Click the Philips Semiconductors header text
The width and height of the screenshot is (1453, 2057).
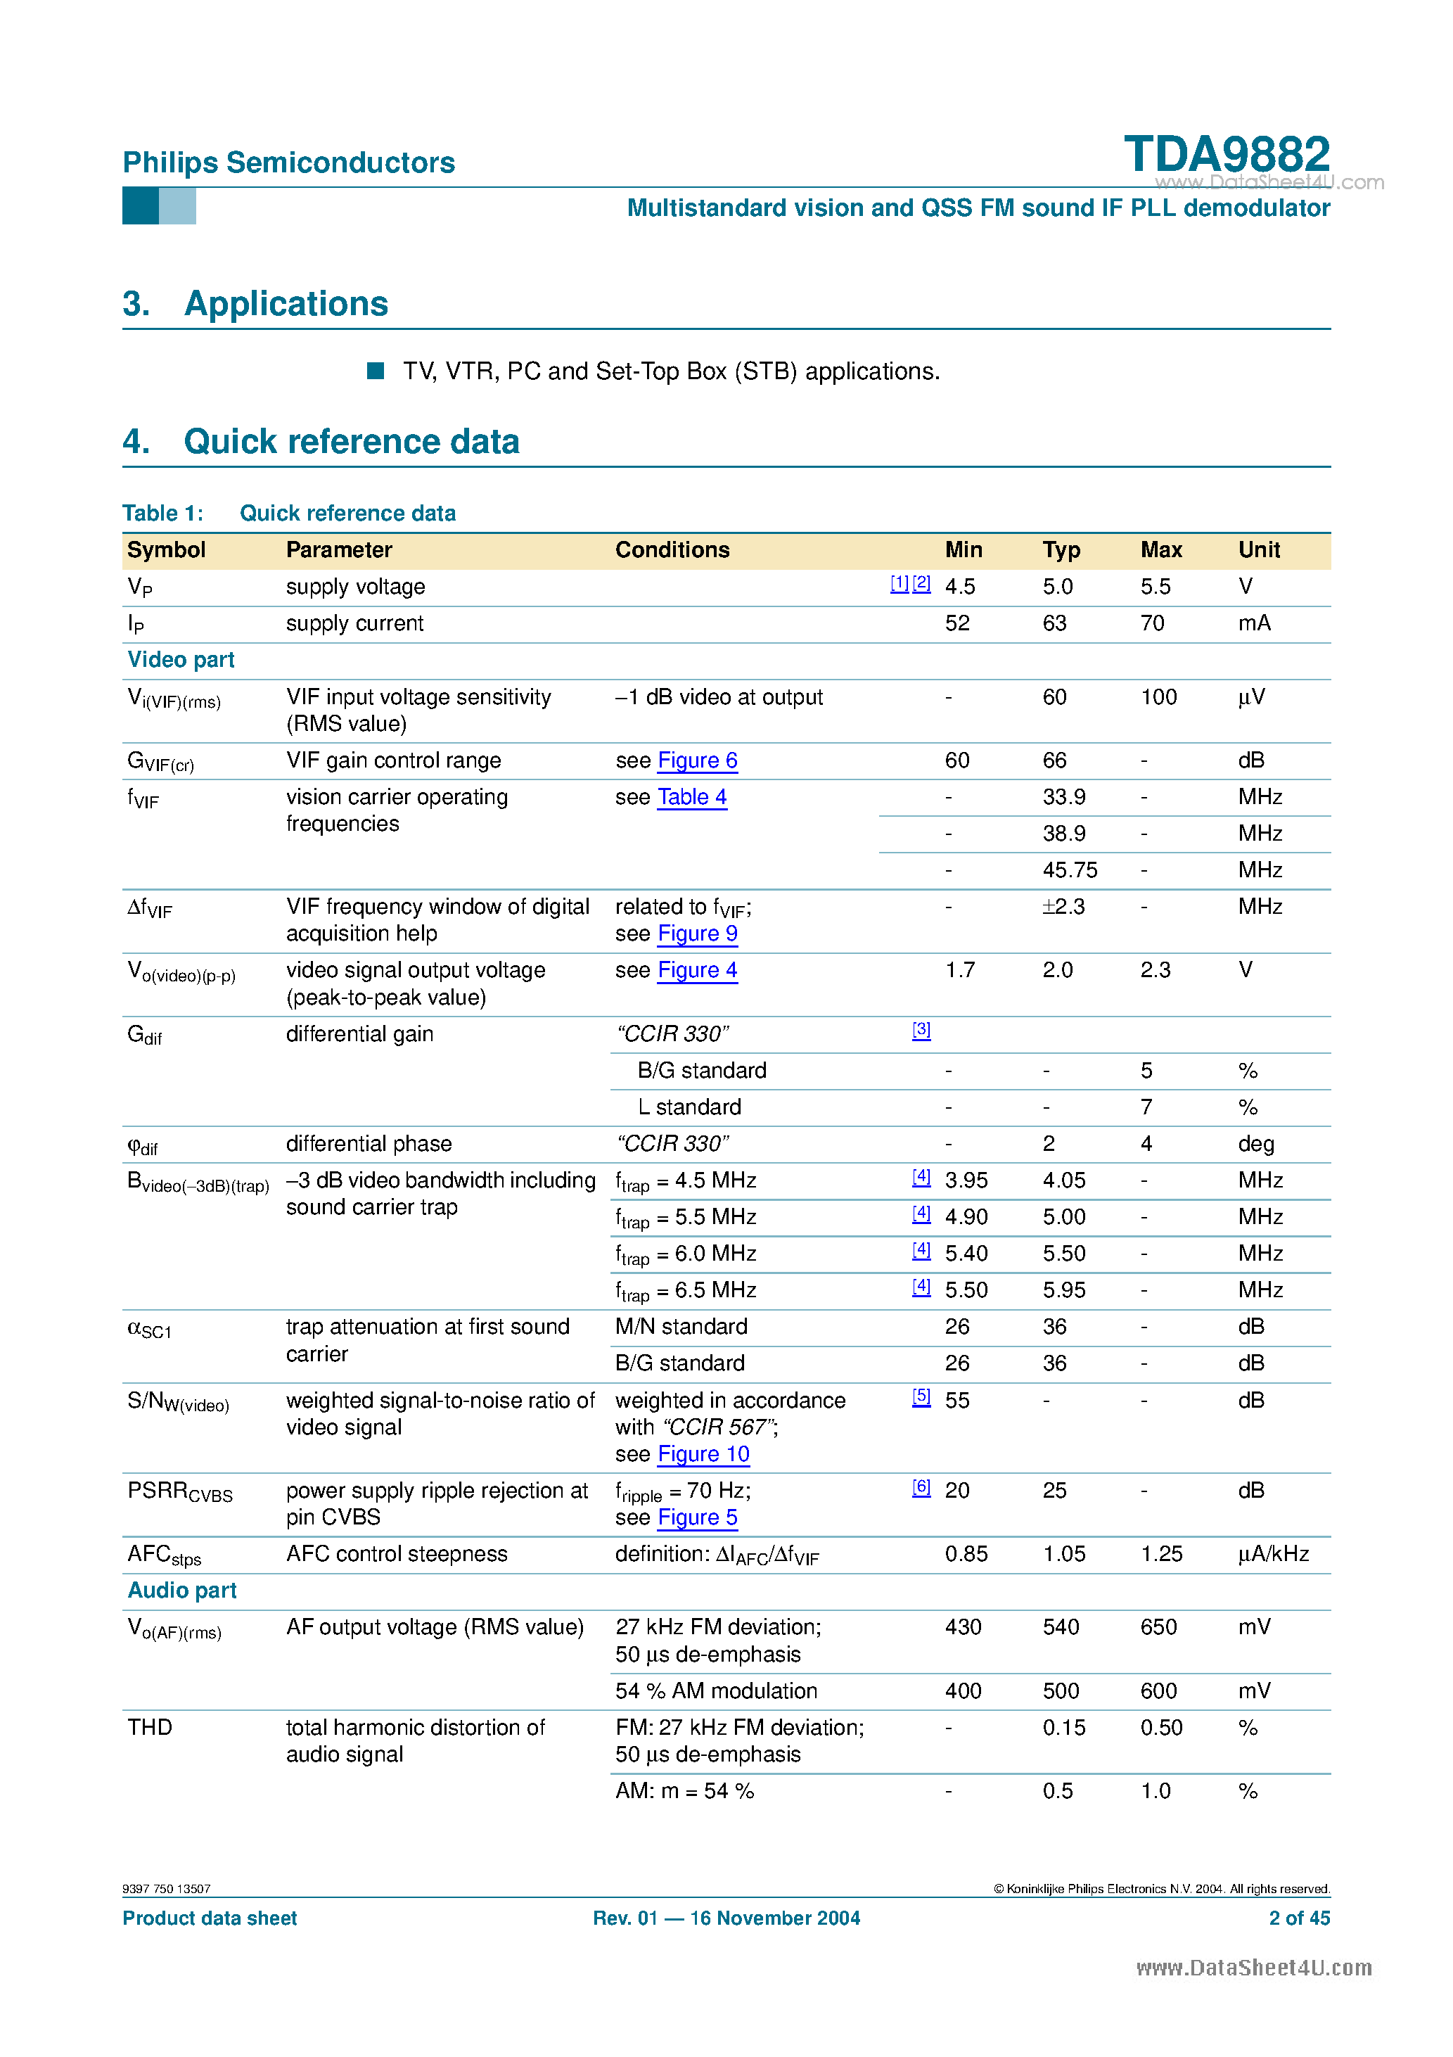pos(288,163)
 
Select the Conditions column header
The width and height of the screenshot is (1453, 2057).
pos(672,550)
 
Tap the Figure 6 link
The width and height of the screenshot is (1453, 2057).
pos(697,760)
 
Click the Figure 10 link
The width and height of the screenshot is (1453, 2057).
pos(703,1454)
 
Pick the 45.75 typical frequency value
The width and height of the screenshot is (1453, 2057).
pos(1070,870)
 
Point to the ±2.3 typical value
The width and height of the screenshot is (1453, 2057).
pos(1063,907)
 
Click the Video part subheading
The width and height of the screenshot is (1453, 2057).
pos(181,661)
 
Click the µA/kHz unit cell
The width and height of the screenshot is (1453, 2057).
pos(1273,1555)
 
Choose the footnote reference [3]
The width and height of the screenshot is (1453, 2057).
pos(921,1031)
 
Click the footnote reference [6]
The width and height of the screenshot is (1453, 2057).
pos(921,1487)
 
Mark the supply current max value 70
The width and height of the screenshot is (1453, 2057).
pos(1152,623)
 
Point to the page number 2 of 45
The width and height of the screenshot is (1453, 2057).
pos(1299,1918)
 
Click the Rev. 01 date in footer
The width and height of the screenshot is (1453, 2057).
pos(726,1918)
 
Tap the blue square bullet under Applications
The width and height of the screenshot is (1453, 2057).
pos(376,371)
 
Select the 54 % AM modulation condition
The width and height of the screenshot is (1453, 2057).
pos(716,1690)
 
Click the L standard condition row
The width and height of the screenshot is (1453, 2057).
pos(689,1107)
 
